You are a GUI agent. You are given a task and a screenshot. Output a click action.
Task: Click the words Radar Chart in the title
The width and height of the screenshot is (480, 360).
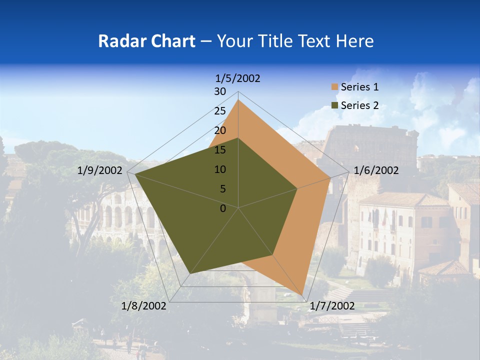(146, 41)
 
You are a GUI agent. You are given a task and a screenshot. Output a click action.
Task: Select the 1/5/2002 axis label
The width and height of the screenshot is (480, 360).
(237, 78)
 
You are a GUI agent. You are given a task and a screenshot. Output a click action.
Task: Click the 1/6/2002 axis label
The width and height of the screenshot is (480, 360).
(376, 170)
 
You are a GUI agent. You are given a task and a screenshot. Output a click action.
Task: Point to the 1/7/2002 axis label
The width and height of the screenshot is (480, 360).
(332, 305)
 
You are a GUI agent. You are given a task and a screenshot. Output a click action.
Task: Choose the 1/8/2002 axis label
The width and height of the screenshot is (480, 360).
(144, 305)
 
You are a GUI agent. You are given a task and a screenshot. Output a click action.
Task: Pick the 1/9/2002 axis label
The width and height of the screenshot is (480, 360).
(100, 170)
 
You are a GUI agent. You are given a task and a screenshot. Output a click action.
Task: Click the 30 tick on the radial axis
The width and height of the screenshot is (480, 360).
(220, 91)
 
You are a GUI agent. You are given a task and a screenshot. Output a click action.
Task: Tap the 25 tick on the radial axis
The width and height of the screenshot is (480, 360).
(220, 111)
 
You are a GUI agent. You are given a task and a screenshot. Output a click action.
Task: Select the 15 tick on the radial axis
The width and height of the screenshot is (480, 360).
(220, 150)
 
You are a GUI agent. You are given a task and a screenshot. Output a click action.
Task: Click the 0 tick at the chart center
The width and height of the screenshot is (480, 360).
(223, 208)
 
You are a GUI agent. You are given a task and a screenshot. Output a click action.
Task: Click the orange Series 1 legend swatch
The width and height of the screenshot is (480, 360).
(334, 87)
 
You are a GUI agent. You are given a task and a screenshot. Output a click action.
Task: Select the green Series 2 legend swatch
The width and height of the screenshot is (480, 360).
(334, 105)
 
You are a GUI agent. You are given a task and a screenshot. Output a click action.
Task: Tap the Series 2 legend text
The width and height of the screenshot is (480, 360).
(359, 105)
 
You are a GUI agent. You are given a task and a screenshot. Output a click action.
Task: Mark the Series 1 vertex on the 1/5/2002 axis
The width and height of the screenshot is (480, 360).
(238, 99)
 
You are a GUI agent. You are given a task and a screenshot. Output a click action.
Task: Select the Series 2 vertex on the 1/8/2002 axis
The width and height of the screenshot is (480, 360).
(190, 273)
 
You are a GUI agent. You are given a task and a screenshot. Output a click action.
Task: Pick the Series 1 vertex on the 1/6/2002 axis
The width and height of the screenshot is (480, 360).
(330, 177)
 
